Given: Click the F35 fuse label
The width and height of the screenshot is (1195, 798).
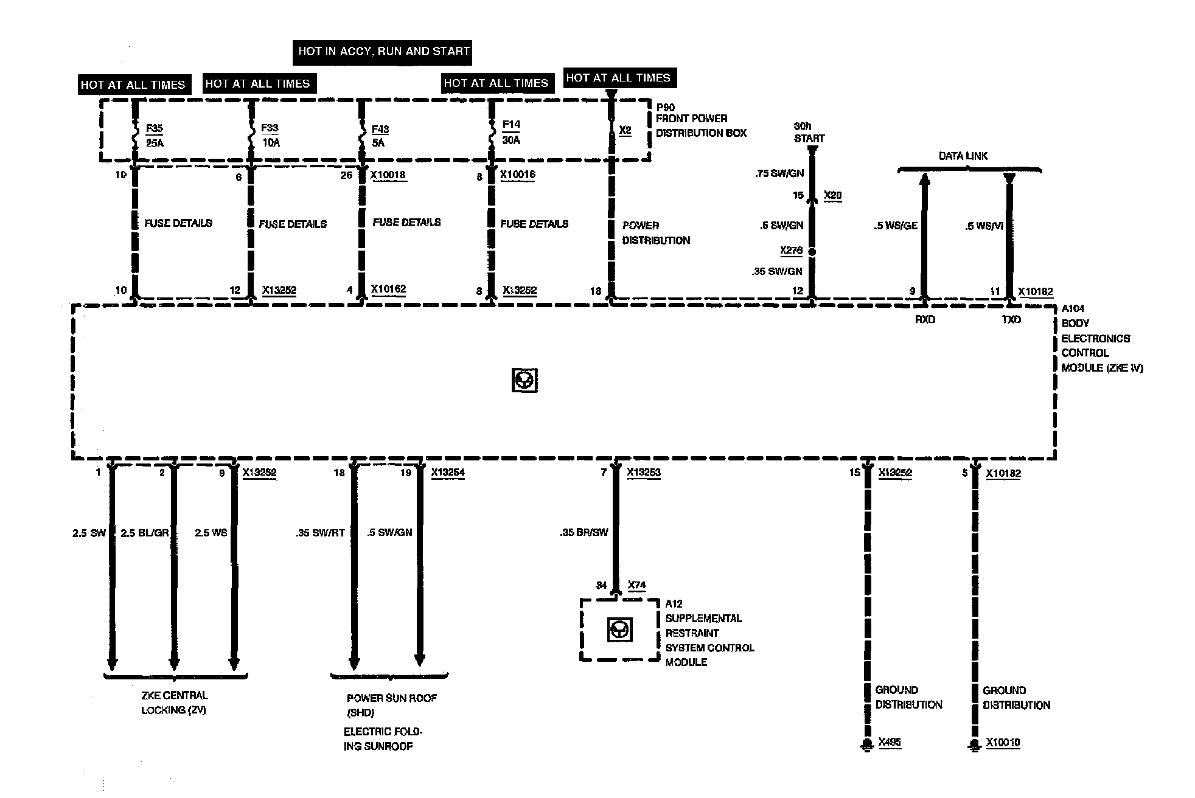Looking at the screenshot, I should pos(155,129).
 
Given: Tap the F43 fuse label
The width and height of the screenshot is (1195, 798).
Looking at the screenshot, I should pos(380,130).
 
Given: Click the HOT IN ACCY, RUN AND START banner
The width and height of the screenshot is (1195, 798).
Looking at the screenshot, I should pos(384,51).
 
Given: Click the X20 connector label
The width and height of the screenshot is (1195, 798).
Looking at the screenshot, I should pos(832,195).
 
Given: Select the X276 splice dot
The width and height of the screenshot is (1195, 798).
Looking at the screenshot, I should pos(811,251).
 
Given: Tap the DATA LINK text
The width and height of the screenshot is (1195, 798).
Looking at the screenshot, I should pos(963,156).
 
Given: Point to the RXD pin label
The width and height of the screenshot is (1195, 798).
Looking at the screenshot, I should pos(925,319).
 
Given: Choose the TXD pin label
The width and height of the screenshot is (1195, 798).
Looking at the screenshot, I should pos(1011,319).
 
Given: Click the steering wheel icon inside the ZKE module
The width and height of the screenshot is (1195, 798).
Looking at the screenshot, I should pos(524,381).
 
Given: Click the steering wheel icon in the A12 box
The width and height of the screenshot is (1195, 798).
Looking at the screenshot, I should pos(620,630).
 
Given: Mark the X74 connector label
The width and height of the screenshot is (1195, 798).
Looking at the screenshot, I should pos(636,585).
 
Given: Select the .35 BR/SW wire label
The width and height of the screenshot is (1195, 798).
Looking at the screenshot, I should pos(584,533).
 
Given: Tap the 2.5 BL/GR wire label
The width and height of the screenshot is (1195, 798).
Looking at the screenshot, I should pos(145,533).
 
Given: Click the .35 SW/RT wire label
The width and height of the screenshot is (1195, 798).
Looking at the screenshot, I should pos(321,533).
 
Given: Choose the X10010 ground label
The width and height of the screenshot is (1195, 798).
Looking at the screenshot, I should pos(1003,743).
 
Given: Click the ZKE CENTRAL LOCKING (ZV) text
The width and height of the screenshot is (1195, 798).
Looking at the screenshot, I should pos(175,703).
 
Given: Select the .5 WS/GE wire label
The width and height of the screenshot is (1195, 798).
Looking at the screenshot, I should pos(896,226).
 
